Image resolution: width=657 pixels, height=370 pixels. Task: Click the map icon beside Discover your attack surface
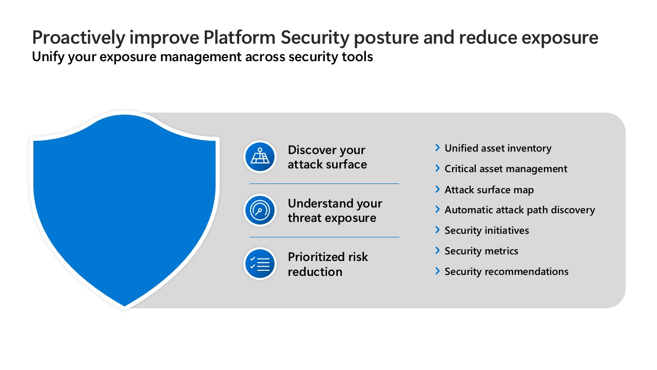coord(260,157)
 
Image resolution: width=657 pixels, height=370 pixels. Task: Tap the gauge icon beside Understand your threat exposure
coord(260,210)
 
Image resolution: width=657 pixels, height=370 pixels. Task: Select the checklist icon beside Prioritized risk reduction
coord(260,264)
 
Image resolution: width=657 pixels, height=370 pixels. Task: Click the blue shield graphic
coord(124,210)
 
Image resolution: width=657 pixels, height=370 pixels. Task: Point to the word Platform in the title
coord(239,38)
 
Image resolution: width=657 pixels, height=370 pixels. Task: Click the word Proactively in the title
coord(79,38)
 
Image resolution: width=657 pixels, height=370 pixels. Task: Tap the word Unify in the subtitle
coord(48,57)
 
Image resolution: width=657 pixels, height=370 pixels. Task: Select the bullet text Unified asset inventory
coord(498,149)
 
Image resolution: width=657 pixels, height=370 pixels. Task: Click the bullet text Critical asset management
coord(506,169)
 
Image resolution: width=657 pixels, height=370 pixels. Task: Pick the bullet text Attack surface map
coord(489,190)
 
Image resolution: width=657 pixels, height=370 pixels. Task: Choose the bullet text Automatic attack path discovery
coord(520,210)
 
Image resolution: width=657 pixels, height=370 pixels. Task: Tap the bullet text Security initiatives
coord(487,231)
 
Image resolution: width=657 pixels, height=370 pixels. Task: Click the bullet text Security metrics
coord(481,251)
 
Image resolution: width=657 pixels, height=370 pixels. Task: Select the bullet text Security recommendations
coord(507,272)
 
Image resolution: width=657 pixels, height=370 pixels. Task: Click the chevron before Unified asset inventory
coord(437,147)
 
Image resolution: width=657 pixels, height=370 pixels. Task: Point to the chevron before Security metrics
coord(437,250)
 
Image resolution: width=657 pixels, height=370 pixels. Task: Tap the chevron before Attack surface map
coord(437,189)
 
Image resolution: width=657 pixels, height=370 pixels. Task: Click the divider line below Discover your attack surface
coord(324,183)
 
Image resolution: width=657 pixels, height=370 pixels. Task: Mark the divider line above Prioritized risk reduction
coord(324,237)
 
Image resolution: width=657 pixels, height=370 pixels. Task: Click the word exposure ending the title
coord(559,39)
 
